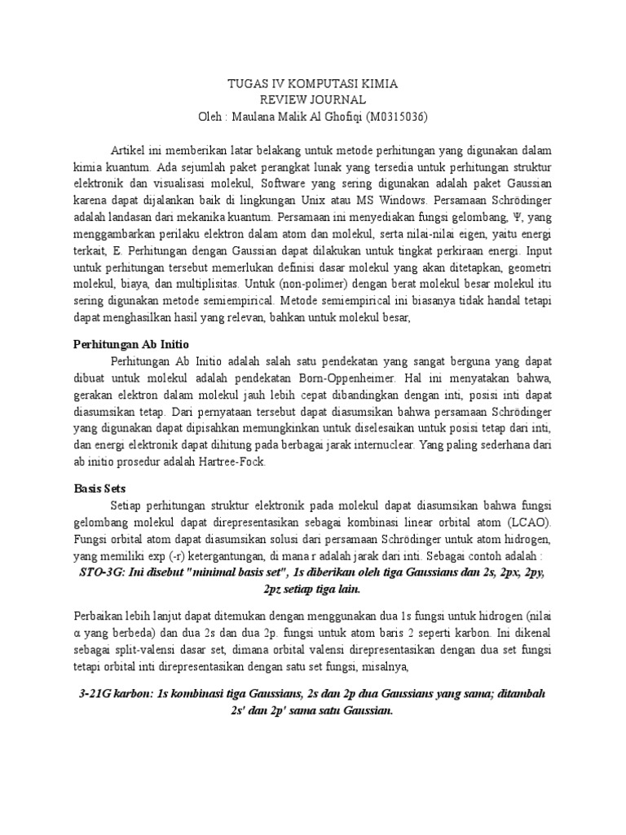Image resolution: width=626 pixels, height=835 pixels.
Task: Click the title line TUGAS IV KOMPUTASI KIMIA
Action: (x=312, y=84)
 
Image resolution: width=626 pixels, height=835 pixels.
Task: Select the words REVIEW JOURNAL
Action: (x=312, y=99)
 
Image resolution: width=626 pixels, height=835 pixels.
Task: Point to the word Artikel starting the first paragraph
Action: (x=129, y=152)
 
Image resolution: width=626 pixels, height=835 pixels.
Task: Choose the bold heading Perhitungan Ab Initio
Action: (x=131, y=343)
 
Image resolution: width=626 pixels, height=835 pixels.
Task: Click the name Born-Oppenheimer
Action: (x=355, y=379)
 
